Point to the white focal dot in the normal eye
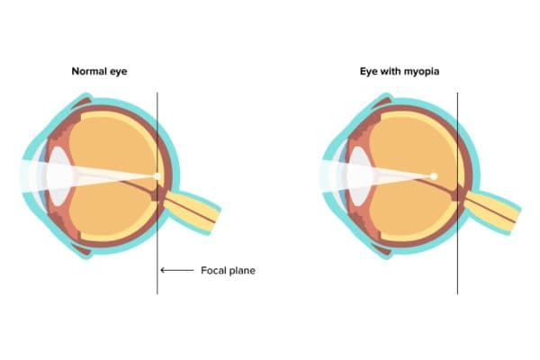tap(157, 175)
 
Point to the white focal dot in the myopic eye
tap(434, 175)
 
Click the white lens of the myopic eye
tap(359, 171)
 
